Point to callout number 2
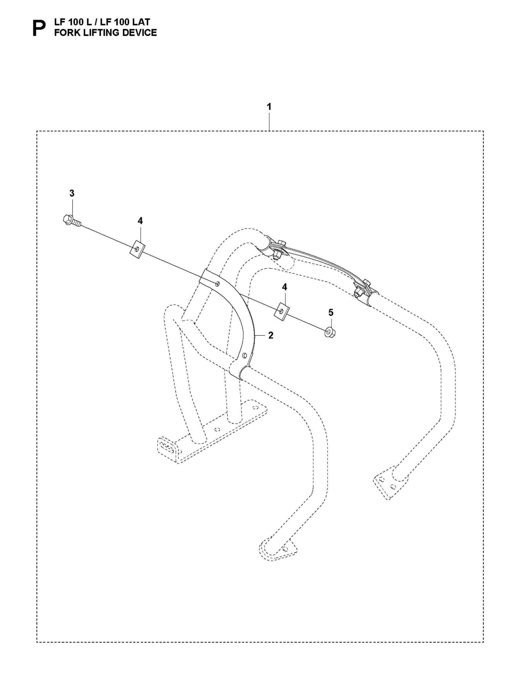270,335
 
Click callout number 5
330,313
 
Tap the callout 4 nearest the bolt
140,221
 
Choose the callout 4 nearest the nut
284,287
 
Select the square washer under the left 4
137,248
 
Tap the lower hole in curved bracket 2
244,355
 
